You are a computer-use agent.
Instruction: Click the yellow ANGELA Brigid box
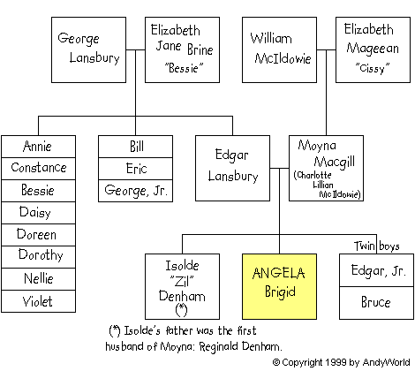pos(279,286)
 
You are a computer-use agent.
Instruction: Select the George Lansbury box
pos(88,49)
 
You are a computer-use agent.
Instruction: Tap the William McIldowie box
pos(279,49)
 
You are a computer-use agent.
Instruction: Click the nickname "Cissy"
pos(373,68)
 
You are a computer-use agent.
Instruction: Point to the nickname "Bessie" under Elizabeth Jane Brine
pos(184,68)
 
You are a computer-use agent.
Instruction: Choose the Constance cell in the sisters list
pos(38,169)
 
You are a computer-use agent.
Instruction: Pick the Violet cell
pos(38,301)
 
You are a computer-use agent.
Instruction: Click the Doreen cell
pos(38,235)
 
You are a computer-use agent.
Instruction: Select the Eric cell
pos(135,169)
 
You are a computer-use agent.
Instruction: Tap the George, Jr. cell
pos(135,191)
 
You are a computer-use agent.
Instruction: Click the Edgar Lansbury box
pos(232,168)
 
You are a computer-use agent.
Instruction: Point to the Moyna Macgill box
pos(326,168)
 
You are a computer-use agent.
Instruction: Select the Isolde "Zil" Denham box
pos(182,286)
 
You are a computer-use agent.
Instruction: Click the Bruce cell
pos(376,303)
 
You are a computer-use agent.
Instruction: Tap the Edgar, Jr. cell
pos(376,270)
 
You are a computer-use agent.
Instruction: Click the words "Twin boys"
pos(376,246)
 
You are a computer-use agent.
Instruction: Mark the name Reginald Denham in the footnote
pos(240,346)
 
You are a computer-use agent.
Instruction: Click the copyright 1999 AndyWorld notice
pos(341,362)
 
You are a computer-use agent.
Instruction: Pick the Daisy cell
pos(38,213)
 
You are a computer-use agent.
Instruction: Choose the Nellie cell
pos(38,279)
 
